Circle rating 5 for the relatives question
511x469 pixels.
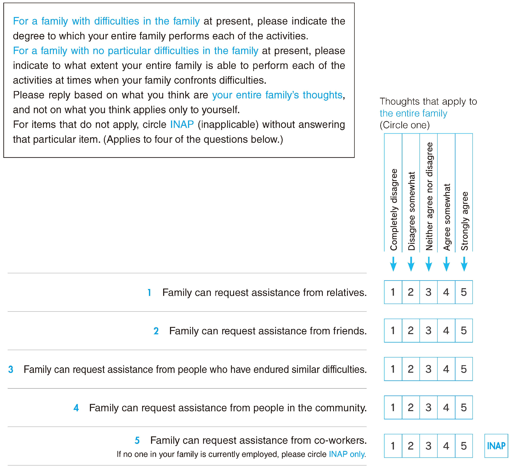(x=464, y=292)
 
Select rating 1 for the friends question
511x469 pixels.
(x=393, y=330)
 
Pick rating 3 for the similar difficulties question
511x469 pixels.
(x=428, y=369)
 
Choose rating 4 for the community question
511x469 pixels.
(x=446, y=407)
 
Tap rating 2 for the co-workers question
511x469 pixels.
(x=411, y=446)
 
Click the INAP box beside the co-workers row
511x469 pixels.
(x=496, y=446)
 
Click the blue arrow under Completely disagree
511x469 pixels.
(x=393, y=264)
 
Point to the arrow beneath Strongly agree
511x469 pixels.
(x=464, y=264)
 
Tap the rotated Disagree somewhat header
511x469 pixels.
(x=411, y=211)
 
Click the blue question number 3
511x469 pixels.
(x=11, y=370)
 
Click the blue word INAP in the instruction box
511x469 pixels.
(x=182, y=125)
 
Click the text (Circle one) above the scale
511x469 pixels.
(x=404, y=125)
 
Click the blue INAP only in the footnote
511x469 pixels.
(x=347, y=454)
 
